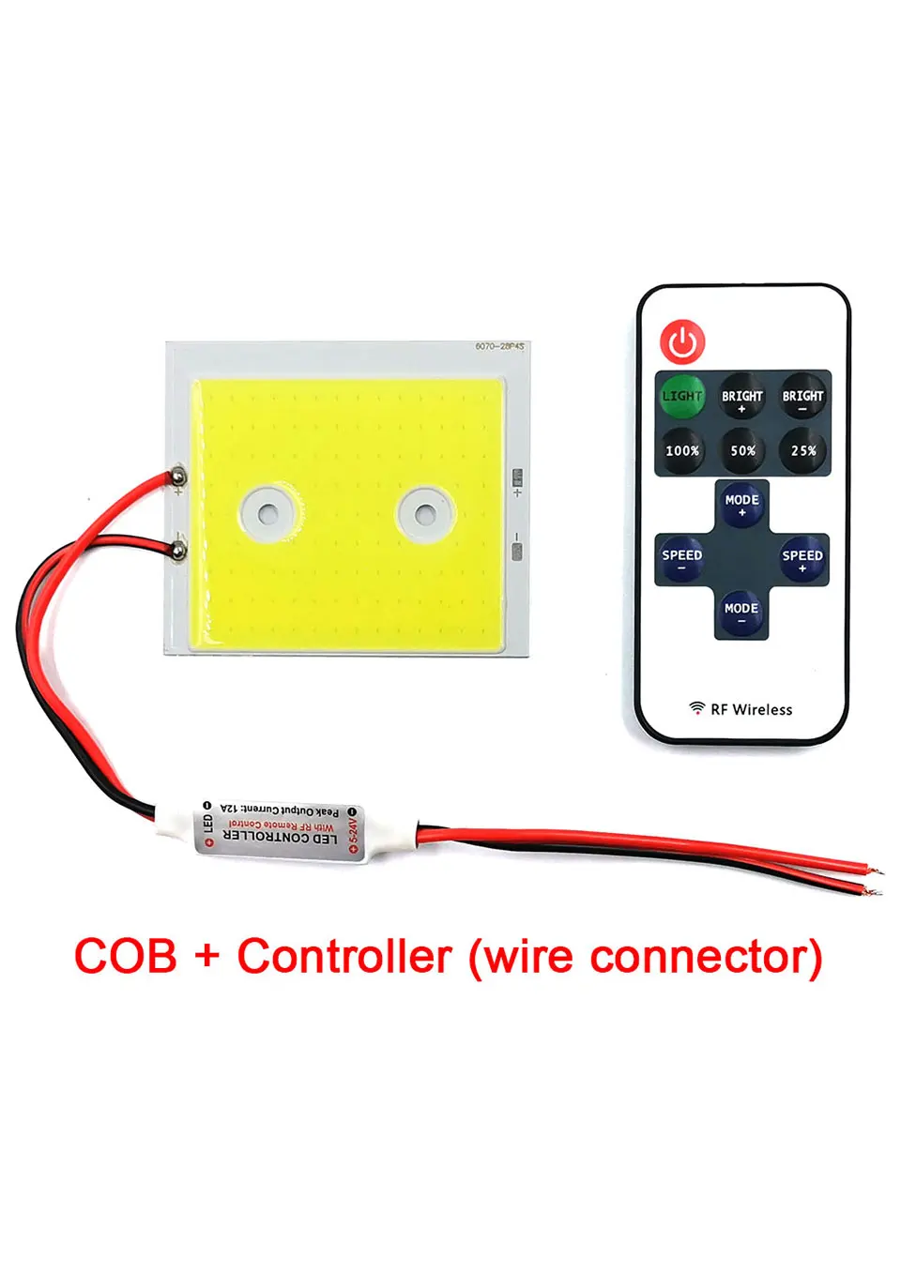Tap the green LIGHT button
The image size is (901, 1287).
point(682,397)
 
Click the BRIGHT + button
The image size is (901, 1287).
point(741,398)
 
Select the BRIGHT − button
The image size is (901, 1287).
point(802,398)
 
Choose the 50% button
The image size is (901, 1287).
point(742,450)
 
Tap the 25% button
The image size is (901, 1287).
point(803,450)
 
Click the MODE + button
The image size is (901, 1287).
point(741,503)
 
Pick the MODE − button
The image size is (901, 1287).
point(741,612)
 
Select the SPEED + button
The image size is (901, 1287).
point(802,558)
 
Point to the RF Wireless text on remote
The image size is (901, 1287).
point(751,710)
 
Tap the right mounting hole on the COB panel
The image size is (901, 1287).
point(425,514)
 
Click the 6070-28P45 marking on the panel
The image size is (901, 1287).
point(499,347)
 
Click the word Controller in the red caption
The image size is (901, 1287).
point(344,958)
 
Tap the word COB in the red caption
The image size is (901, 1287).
point(126,958)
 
